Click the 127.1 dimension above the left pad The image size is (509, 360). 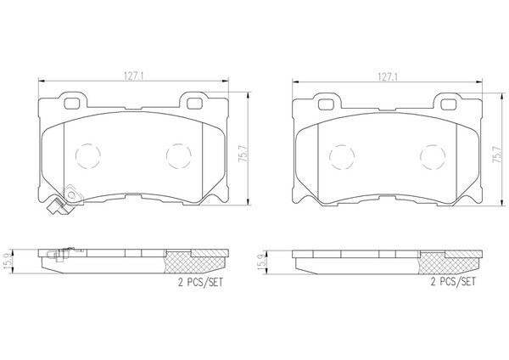(x=133, y=76)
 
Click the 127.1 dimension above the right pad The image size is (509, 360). (x=388, y=77)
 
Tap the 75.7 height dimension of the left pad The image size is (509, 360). (x=243, y=154)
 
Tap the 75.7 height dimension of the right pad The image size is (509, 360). (x=497, y=154)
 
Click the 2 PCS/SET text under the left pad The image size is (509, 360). (x=200, y=282)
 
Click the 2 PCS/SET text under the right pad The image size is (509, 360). (x=453, y=281)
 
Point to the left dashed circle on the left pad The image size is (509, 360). (x=76, y=156)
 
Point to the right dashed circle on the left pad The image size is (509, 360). (x=166, y=156)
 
